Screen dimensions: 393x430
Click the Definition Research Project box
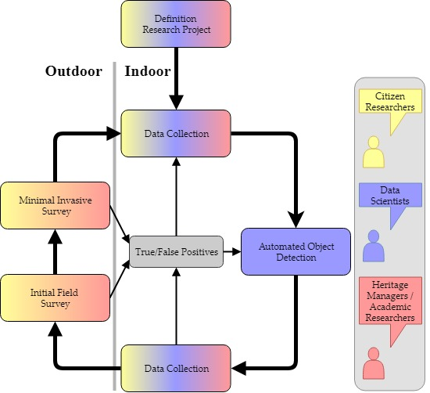[176, 23]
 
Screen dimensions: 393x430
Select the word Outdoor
[73, 71]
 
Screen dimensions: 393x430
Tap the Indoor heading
[148, 71]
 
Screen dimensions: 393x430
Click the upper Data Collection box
[176, 133]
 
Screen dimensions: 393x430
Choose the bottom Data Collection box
[176, 367]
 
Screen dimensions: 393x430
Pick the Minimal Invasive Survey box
[55, 206]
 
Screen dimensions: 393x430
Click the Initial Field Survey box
[55, 297]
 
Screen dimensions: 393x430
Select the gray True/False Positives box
[177, 251]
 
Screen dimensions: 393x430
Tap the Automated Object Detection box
[296, 251]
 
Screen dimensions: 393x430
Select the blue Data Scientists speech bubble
[389, 195]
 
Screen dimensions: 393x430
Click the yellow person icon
[374, 153]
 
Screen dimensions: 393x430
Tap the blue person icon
[374, 247]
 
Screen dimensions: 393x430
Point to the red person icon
[374, 364]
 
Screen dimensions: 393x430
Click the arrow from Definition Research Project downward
[176, 78]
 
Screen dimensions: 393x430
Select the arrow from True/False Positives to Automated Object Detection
[231, 251]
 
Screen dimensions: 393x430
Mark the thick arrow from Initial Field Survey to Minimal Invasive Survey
[55, 252]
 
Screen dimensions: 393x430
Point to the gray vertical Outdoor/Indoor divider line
[115, 235]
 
